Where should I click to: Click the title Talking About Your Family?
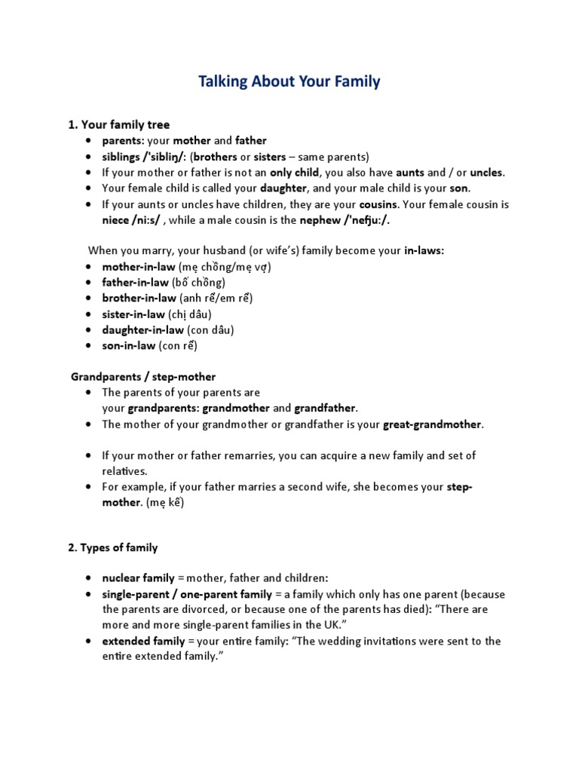coord(289,82)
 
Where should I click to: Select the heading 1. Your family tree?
coord(119,124)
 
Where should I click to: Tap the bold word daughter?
coord(284,188)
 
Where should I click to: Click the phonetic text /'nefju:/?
coord(364,220)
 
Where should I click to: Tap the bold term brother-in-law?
coord(139,298)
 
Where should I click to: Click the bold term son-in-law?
coord(129,345)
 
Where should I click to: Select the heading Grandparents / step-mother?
coord(143,376)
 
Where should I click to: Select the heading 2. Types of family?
coord(113,547)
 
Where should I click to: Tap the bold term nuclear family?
coord(138,578)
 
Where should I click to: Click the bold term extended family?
coord(143,641)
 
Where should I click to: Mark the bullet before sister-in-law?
coord(90,314)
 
